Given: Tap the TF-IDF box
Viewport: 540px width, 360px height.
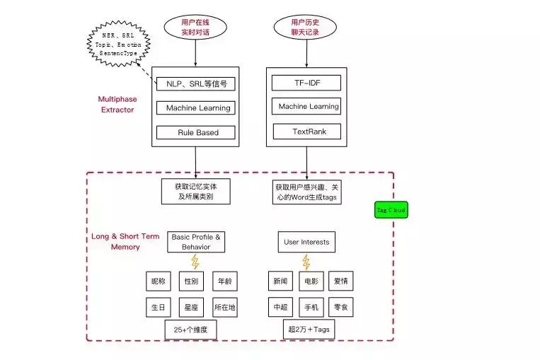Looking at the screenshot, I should point(306,83).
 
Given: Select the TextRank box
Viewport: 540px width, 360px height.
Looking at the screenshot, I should point(306,131).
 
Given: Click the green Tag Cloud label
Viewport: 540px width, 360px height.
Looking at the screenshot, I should point(391,210).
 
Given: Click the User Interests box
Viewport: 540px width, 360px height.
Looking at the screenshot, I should point(306,242).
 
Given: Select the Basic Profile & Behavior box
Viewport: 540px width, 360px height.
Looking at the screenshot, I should point(196,242).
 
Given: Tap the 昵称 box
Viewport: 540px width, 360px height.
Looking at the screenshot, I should point(157,281).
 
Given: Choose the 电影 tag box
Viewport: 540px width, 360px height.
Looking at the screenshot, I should point(311,281).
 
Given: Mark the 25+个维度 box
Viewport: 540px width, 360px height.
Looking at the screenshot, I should point(190,330).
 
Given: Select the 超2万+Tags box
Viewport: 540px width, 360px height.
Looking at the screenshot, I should point(309,330).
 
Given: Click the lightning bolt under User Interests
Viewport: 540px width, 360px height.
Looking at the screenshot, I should point(306,262).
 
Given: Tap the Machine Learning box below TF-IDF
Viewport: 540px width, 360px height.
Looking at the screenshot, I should point(306,107).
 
